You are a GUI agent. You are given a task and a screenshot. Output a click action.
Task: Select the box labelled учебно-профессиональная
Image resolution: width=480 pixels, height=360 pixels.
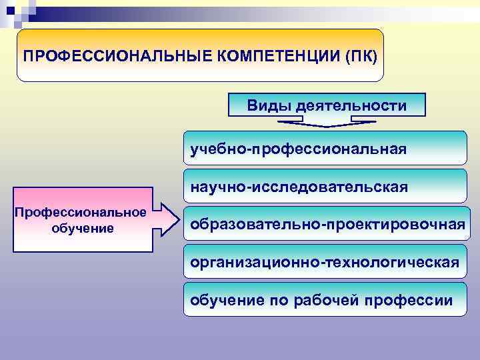325,147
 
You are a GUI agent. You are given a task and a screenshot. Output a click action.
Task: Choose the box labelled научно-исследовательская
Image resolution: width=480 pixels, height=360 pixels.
325,186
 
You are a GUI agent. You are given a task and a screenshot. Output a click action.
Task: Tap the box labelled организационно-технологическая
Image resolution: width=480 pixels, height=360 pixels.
325,262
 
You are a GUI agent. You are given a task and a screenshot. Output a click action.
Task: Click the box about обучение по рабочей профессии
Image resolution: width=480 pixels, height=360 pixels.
325,300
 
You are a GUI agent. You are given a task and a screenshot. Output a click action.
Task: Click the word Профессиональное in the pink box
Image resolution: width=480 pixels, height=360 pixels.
81,212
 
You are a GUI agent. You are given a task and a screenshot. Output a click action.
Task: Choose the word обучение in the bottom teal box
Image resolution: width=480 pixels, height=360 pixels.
227,300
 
